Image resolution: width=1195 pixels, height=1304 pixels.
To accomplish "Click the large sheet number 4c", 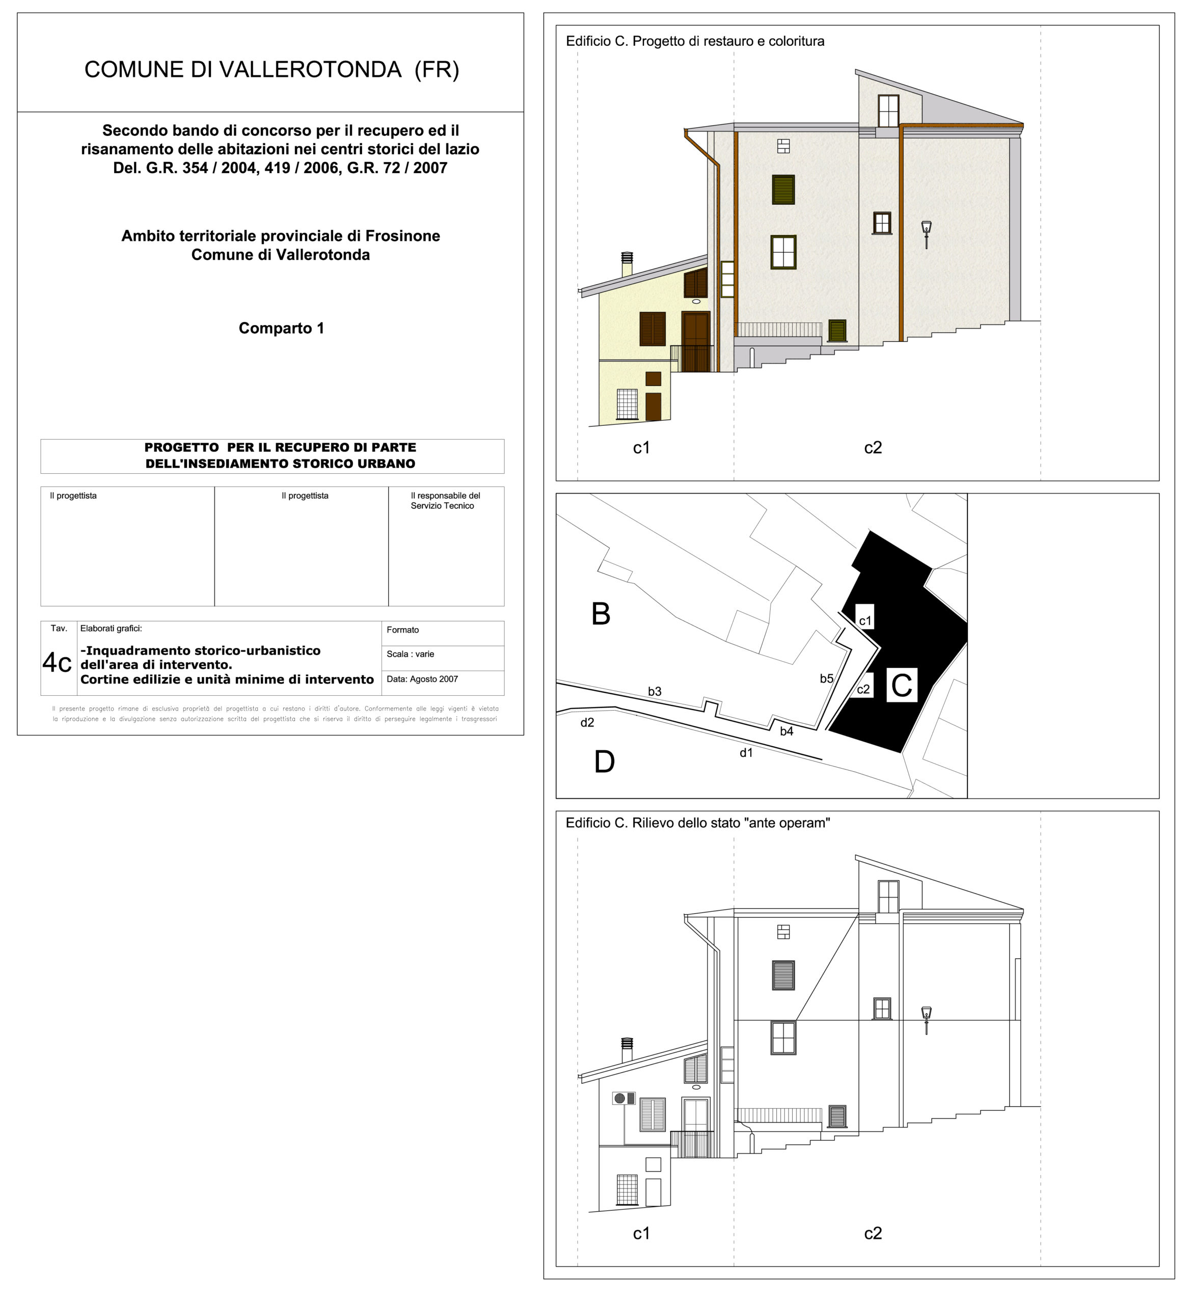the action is point(57,662).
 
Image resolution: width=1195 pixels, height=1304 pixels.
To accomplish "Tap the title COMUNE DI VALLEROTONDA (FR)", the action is point(271,70).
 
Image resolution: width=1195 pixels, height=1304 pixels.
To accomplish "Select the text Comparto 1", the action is point(282,328).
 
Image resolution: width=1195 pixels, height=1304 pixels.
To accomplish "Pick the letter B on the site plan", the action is point(601,614).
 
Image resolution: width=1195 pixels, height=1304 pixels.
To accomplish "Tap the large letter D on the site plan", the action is point(604,762).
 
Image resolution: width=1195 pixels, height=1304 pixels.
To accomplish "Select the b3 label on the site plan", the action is point(655,691).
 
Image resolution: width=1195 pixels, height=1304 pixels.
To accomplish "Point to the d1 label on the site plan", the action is point(747,753).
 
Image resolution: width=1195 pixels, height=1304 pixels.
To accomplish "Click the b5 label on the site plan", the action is point(827,678).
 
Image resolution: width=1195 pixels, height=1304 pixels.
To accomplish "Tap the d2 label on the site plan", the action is point(587,722).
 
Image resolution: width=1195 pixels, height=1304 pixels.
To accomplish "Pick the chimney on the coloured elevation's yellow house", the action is point(627,264).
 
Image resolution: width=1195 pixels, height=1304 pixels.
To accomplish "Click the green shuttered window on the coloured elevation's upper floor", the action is point(783,189).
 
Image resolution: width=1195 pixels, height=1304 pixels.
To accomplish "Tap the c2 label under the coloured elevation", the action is point(873,448).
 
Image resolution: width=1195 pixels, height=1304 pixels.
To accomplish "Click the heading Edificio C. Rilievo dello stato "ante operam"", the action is point(697,823).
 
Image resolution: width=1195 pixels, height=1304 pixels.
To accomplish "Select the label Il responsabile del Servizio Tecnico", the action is point(445,501).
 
